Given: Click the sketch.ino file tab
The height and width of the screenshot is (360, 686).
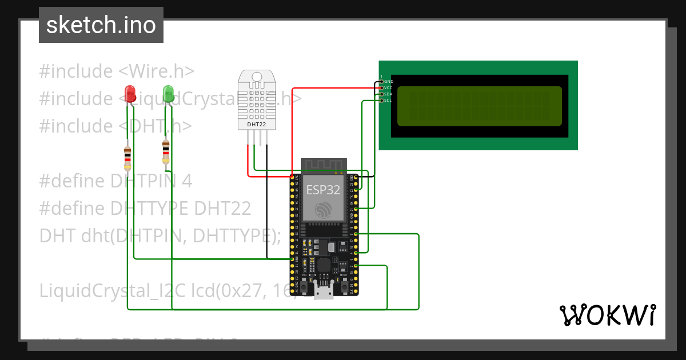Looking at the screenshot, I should pyautogui.click(x=101, y=25).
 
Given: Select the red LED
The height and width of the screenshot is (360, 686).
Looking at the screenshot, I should pyautogui.click(x=130, y=93).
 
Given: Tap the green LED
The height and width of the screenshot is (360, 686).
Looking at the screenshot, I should pyautogui.click(x=168, y=93).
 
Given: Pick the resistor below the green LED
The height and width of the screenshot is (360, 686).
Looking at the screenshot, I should pyautogui.click(x=166, y=150).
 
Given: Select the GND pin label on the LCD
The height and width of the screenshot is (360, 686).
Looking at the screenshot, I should pyautogui.click(x=388, y=82).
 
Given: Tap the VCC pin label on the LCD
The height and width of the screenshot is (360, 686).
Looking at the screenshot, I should pyautogui.click(x=388, y=88).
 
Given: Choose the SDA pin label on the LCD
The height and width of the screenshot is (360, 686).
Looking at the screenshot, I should pyautogui.click(x=388, y=94).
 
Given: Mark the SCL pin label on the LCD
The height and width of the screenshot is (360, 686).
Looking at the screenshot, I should pyautogui.click(x=388, y=101).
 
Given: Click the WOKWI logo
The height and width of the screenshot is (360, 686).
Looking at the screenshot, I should pyautogui.click(x=607, y=315).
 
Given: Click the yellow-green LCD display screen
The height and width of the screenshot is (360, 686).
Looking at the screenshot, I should pyautogui.click(x=479, y=106).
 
